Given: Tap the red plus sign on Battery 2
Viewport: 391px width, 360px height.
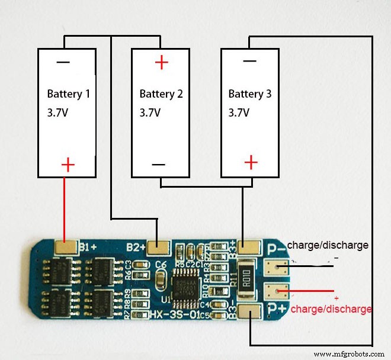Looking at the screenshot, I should [161, 62].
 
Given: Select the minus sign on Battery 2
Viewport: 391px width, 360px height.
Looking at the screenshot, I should [159, 164].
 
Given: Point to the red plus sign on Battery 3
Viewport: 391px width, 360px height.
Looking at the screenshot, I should [251, 162].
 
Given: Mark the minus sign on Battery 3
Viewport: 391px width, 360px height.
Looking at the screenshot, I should [249, 61].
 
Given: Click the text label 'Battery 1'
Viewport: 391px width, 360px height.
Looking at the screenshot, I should [69, 94].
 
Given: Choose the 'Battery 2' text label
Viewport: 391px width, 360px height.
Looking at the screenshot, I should [161, 94].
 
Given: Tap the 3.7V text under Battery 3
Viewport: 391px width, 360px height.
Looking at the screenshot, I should [239, 112].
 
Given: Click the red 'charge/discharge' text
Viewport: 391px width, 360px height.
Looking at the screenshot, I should [331, 309].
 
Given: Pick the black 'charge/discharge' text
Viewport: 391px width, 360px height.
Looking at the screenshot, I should [328, 245].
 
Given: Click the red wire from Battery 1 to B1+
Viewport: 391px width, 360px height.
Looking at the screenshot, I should [65, 207].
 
